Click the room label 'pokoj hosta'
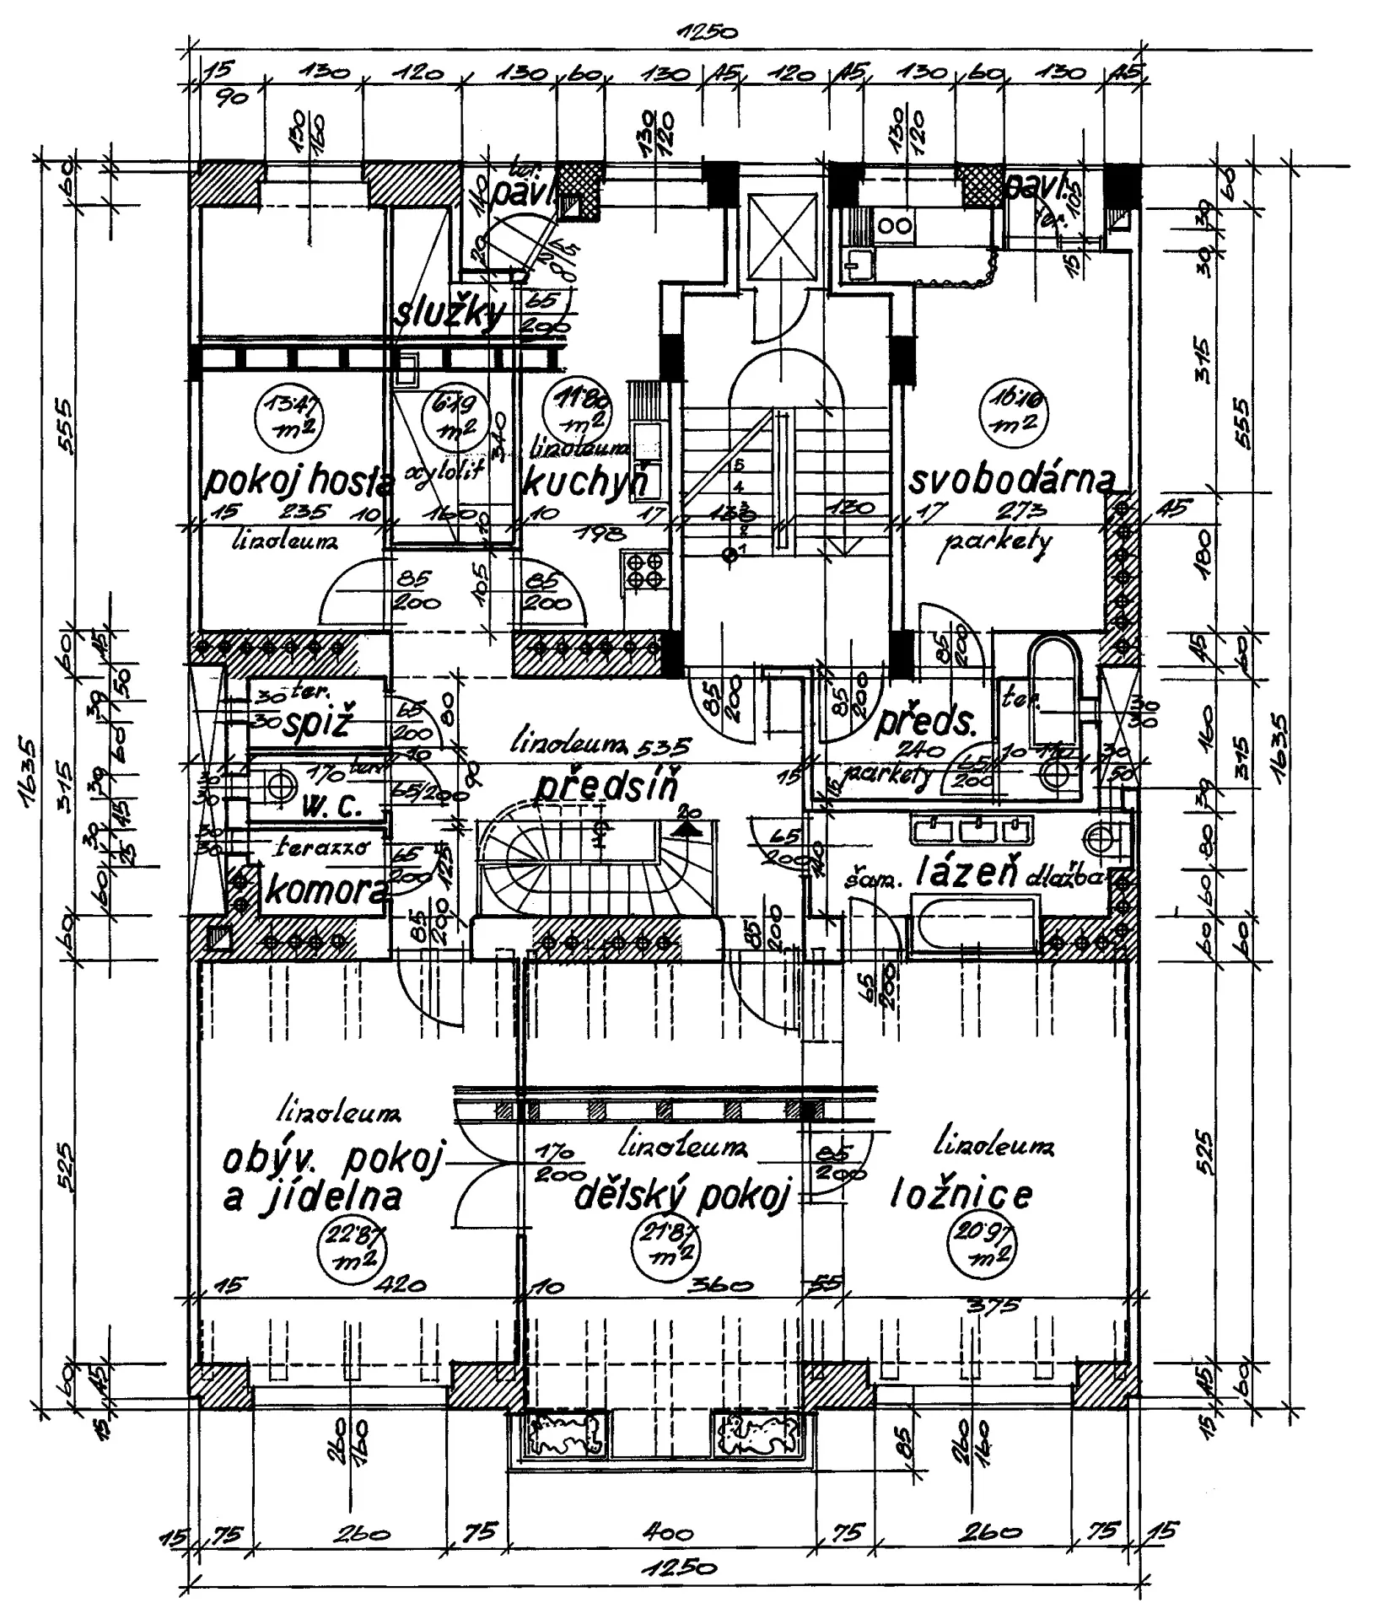click(x=300, y=483)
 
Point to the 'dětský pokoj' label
click(x=683, y=1196)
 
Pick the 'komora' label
click(x=326, y=890)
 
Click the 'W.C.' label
click(x=331, y=807)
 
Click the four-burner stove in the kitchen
click(x=646, y=569)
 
